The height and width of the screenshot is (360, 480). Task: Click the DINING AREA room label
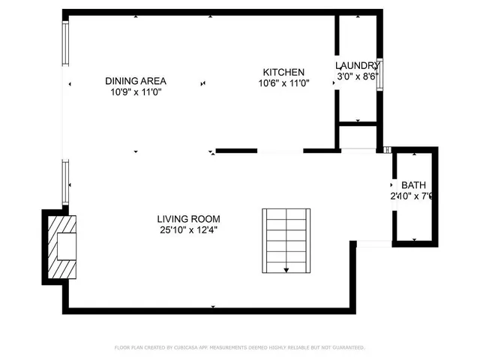(x=136, y=81)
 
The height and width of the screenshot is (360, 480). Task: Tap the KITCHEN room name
(x=283, y=73)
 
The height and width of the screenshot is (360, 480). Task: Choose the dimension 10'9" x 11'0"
(x=136, y=91)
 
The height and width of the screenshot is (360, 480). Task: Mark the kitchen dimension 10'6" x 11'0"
(x=283, y=83)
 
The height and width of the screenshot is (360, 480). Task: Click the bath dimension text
(x=412, y=196)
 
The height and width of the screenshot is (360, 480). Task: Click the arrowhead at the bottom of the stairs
(x=286, y=269)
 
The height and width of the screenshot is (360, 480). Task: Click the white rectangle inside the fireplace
(x=67, y=247)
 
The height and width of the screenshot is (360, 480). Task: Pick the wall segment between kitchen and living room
(x=238, y=151)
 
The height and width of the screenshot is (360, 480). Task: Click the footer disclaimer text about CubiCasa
(x=240, y=347)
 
